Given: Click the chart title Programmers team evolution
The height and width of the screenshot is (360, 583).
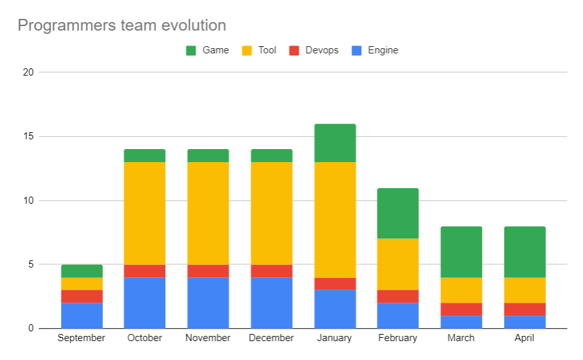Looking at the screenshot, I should (x=122, y=25).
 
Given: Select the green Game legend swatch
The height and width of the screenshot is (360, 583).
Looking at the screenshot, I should (x=191, y=50).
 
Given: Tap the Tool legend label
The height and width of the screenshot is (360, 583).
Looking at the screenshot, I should (x=267, y=50).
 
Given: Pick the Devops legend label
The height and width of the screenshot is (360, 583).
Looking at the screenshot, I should (x=321, y=50).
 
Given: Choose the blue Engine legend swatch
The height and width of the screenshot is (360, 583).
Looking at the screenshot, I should (x=356, y=50).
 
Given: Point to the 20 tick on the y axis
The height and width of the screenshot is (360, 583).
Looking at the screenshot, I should (x=28, y=72).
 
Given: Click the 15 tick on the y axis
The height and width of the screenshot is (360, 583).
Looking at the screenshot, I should (x=28, y=137).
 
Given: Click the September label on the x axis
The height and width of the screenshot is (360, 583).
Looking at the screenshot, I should (x=81, y=338).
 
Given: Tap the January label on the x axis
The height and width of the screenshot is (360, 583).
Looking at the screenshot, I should (x=334, y=338).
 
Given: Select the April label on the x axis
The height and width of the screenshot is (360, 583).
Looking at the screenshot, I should (x=524, y=338).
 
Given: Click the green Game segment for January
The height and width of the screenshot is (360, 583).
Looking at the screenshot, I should (x=334, y=143).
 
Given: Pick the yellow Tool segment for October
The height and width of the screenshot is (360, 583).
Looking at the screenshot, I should (x=144, y=214).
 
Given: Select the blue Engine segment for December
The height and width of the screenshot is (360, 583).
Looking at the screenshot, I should (x=271, y=303).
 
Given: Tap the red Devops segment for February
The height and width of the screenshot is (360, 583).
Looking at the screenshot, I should (x=398, y=296).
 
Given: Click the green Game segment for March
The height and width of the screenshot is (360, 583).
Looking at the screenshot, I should (x=461, y=252).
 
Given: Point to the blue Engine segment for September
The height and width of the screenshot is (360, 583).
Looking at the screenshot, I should (x=81, y=316).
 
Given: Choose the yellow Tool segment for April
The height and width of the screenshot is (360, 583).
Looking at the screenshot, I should (x=524, y=290).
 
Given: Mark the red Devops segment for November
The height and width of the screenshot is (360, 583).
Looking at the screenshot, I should (x=208, y=271).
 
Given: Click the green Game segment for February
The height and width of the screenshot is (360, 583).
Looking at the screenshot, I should (x=398, y=214).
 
